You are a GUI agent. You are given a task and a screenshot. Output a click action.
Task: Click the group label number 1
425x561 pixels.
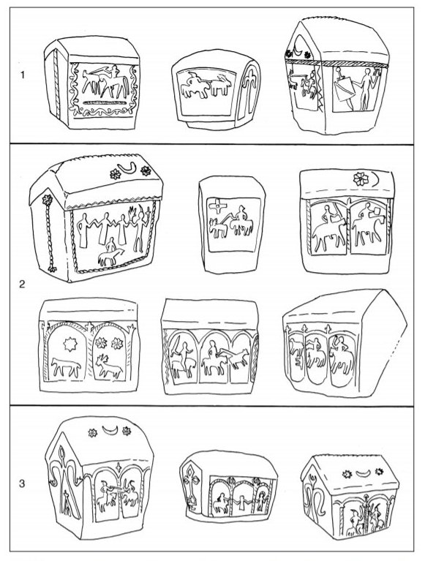point(23,75)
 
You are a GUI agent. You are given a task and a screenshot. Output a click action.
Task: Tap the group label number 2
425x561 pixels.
point(22,285)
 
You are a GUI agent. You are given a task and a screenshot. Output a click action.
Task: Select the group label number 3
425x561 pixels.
point(22,483)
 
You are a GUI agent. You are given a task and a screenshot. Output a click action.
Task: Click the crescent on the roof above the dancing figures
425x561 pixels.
point(129,167)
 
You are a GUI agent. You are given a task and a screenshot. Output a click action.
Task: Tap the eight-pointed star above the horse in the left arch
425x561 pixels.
point(69,344)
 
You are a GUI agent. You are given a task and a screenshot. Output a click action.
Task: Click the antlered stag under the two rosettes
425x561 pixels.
point(109,366)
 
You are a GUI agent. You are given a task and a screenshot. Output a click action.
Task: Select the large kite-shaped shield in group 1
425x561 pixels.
point(343,90)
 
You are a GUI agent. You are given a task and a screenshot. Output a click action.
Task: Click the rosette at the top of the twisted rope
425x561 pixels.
point(47,199)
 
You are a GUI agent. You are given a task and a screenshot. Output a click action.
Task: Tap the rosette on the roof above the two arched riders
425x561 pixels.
point(359,178)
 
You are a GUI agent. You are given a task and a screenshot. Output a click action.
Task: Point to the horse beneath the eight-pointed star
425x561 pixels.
point(66,368)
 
